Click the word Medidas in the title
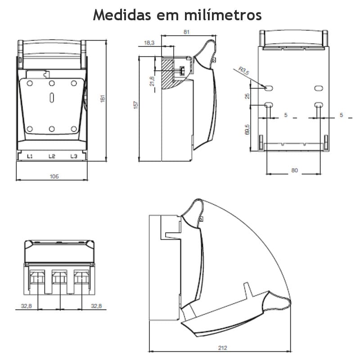(x=121, y=14)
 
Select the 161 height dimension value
(x=103, y=99)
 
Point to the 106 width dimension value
(x=54, y=176)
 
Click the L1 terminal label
(x=30, y=156)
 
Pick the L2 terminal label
(x=52, y=156)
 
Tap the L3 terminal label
(x=73, y=156)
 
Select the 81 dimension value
(x=187, y=32)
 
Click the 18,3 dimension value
(x=149, y=43)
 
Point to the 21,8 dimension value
(x=152, y=82)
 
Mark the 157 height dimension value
(x=136, y=105)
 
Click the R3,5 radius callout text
(x=243, y=71)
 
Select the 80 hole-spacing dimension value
(x=295, y=171)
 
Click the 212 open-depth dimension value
(x=222, y=348)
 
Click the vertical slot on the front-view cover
(x=52, y=98)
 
